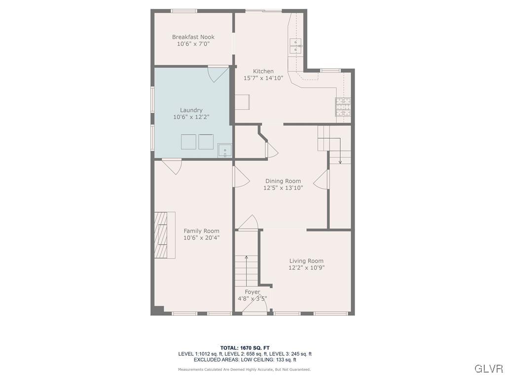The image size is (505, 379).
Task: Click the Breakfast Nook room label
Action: [x=193, y=37]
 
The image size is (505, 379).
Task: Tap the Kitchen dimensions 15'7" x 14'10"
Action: [x=263, y=78]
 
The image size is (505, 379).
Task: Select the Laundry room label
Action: [x=191, y=110]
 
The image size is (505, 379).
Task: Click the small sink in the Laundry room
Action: [x=224, y=150]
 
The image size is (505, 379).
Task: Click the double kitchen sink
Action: [x=295, y=45]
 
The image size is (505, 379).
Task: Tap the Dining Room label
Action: [x=283, y=181]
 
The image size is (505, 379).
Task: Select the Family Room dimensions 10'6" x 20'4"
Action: [x=201, y=238]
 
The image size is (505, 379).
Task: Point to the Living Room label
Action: [x=306, y=261]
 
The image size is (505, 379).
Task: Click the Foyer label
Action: [x=252, y=292]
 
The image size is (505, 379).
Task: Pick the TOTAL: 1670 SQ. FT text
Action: [x=245, y=348]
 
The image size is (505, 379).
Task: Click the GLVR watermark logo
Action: [x=488, y=369]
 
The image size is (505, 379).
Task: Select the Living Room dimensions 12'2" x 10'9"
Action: [x=306, y=268]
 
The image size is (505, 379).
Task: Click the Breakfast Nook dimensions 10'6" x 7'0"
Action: [x=193, y=44]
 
